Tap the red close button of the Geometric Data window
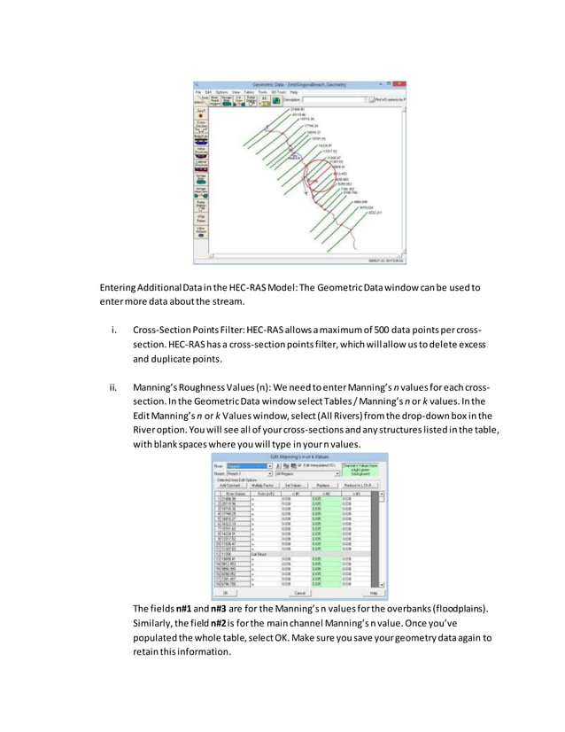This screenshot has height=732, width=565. coord(401,84)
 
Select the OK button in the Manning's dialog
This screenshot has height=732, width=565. coord(225,593)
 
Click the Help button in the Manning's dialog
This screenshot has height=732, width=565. coord(373,593)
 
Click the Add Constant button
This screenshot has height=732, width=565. coord(230,485)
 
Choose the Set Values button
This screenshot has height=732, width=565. coord(294,485)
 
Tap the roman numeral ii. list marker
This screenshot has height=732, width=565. coord(113,388)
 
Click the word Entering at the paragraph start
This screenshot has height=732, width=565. coord(118,287)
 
